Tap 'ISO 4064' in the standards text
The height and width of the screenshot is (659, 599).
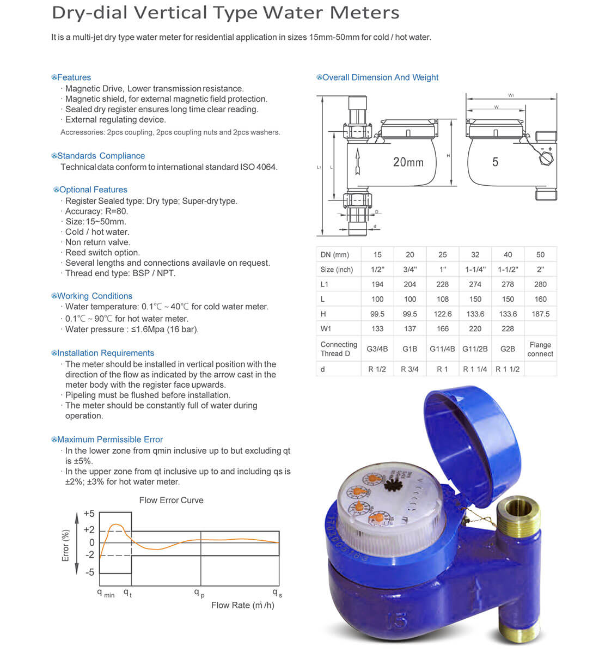[x=258, y=167]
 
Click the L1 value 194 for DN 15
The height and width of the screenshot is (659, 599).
[x=377, y=284]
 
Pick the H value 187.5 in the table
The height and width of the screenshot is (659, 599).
[x=540, y=314]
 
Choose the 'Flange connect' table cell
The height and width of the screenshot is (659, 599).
[x=540, y=349]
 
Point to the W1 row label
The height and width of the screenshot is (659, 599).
[x=326, y=329]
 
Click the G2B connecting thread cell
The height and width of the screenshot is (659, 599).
[x=508, y=349]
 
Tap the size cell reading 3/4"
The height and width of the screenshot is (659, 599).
[x=410, y=270]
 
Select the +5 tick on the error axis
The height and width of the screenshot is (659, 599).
[x=89, y=514]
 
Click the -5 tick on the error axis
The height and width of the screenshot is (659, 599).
[x=89, y=572]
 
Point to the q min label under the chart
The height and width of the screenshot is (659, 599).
[x=106, y=593]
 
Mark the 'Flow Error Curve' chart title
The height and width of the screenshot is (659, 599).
[x=171, y=501]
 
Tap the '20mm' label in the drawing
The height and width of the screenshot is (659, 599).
[x=408, y=162]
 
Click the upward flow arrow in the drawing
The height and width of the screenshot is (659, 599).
[x=357, y=161]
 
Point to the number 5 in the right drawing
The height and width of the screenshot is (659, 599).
[x=495, y=162]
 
